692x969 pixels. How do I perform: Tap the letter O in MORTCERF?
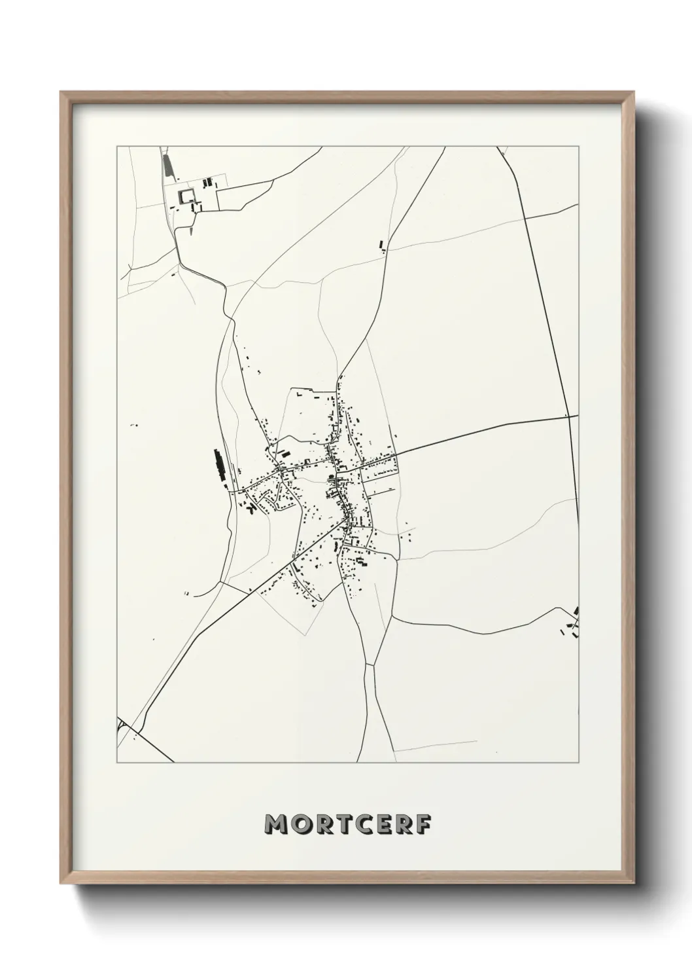pos(302,825)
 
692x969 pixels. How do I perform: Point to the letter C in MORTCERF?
pos(368,825)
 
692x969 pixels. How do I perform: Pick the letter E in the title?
pos(389,825)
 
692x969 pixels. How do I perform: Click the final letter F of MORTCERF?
pos(426,825)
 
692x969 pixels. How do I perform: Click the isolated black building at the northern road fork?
pos(381,246)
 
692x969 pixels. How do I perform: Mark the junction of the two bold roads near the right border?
pos(567,417)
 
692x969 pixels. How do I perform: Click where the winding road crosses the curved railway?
pos(231,319)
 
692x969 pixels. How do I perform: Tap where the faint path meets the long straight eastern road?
pos(527,217)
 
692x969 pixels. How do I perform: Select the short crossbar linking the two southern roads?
pos(368,664)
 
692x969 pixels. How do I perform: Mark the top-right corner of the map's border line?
pos(579,147)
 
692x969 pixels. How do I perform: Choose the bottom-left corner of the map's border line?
pos(117,763)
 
